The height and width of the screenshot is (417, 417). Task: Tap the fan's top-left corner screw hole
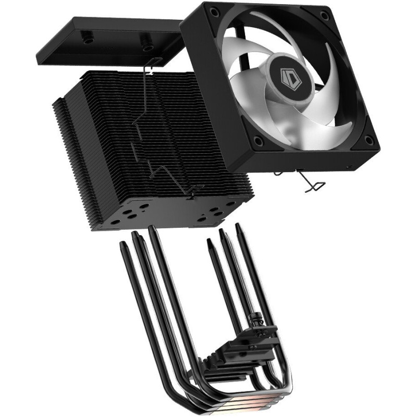tap(213, 11)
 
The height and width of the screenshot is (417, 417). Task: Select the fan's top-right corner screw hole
tap(324, 14)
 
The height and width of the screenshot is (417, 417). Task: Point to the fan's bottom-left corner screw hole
tap(257, 139)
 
